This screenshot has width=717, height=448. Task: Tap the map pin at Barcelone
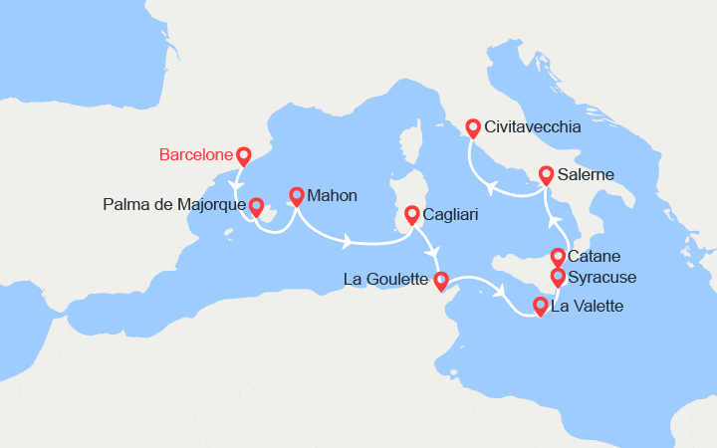click(243, 156)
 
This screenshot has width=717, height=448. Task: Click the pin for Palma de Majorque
click(256, 205)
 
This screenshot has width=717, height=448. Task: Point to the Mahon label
click(332, 195)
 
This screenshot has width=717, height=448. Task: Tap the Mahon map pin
click(296, 195)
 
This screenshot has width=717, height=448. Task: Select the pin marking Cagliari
click(411, 214)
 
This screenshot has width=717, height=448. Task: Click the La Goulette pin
click(441, 281)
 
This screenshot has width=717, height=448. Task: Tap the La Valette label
click(587, 306)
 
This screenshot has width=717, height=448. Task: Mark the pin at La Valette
click(541, 306)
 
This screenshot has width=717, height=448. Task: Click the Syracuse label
click(601, 277)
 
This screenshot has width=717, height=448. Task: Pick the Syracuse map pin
click(558, 277)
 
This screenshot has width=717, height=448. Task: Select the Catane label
click(594, 257)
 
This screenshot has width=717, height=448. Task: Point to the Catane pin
click(558, 257)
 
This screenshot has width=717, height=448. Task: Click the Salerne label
click(587, 175)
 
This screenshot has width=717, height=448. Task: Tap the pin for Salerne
click(547, 175)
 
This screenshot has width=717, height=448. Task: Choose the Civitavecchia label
click(533, 127)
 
